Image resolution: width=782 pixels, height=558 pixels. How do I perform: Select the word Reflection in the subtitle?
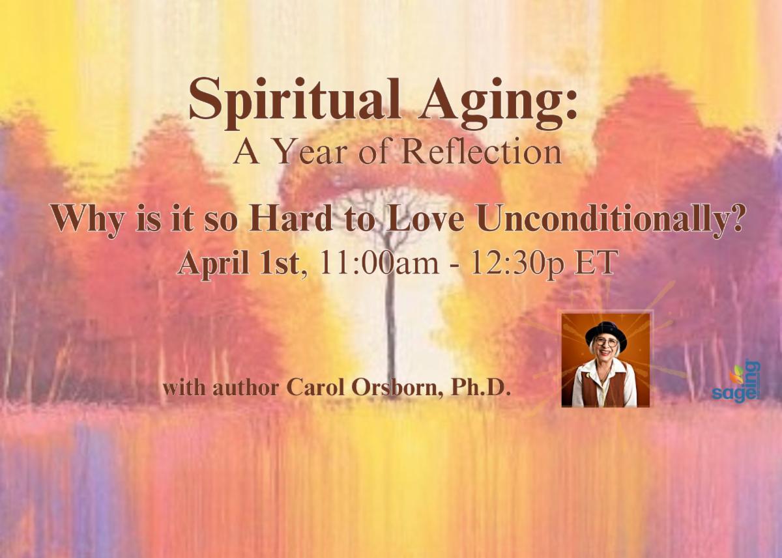[x=482, y=153]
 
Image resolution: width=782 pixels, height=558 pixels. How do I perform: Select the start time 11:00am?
[x=379, y=263]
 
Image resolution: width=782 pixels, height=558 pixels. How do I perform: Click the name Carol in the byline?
[x=316, y=388]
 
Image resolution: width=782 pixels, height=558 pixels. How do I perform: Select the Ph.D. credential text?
[x=481, y=388]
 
